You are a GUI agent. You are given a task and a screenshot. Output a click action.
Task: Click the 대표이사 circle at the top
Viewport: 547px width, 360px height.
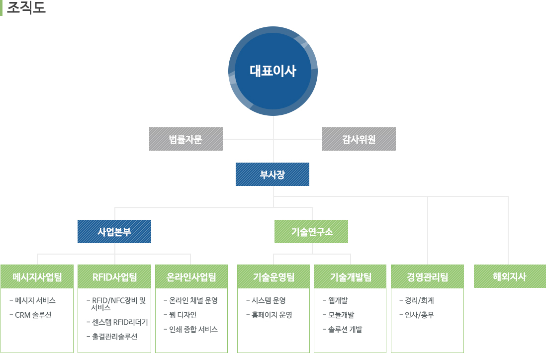click(x=273, y=71)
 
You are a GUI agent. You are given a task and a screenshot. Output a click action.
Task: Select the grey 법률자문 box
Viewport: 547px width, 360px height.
click(x=186, y=139)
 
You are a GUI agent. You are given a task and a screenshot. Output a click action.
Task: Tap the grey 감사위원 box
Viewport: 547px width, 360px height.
click(x=359, y=139)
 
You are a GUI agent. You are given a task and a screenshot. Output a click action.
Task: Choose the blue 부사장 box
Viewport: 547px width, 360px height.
click(x=273, y=174)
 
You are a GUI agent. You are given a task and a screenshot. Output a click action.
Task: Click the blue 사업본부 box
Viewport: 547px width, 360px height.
click(x=114, y=231)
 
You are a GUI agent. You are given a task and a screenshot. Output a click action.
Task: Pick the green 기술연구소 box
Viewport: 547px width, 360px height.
click(x=311, y=231)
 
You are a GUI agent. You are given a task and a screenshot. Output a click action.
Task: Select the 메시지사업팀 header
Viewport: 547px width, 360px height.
click(x=37, y=276)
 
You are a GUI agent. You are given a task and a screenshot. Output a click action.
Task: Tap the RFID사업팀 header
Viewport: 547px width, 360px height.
click(x=114, y=276)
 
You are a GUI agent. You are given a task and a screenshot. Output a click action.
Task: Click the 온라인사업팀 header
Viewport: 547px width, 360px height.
click(x=191, y=276)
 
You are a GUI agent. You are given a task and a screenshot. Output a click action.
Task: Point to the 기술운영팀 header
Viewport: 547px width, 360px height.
click(x=273, y=276)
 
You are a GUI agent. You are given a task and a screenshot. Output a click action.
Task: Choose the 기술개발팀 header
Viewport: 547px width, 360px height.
click(x=350, y=276)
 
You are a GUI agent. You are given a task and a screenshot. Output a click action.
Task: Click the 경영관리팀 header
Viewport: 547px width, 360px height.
click(x=427, y=276)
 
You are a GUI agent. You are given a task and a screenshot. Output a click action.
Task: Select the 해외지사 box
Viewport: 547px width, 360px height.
click(x=510, y=276)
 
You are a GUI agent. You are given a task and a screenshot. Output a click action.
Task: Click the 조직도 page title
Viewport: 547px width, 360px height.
click(x=26, y=7)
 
